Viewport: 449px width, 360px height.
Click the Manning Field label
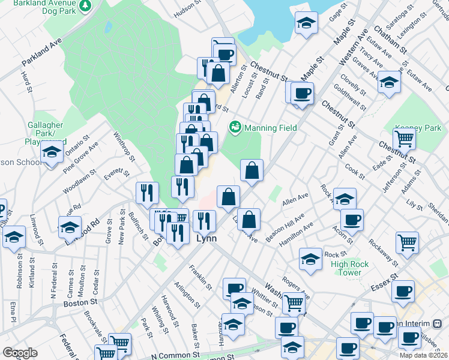271,128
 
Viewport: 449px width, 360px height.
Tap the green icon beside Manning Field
235,127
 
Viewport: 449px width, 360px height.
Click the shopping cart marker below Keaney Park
405,139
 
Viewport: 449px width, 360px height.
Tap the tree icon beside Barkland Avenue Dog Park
86,5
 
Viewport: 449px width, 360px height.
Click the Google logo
20,353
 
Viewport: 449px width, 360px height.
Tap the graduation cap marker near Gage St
306,24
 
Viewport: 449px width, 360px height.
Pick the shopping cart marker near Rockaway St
407,242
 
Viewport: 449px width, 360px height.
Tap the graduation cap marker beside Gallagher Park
52,153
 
